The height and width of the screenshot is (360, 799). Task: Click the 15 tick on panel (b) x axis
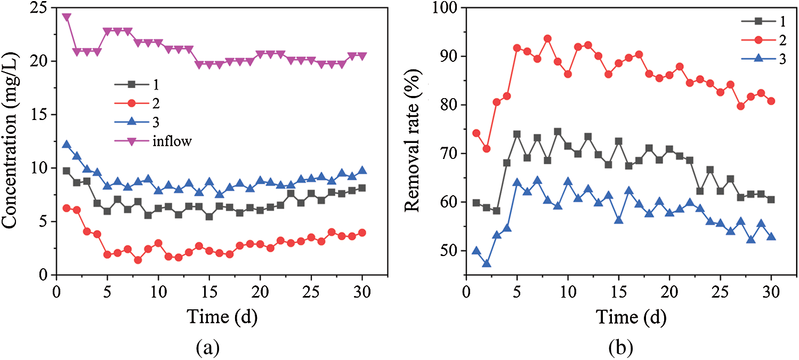click(618, 292)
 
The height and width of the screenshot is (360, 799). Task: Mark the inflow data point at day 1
click(67, 17)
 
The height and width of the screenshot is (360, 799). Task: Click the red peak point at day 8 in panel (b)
click(547, 38)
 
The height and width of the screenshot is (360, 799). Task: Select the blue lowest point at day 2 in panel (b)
click(486, 263)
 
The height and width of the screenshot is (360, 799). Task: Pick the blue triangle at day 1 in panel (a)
click(67, 145)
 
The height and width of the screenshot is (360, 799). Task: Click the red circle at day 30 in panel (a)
click(362, 233)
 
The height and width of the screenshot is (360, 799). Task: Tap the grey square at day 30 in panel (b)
click(771, 199)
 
